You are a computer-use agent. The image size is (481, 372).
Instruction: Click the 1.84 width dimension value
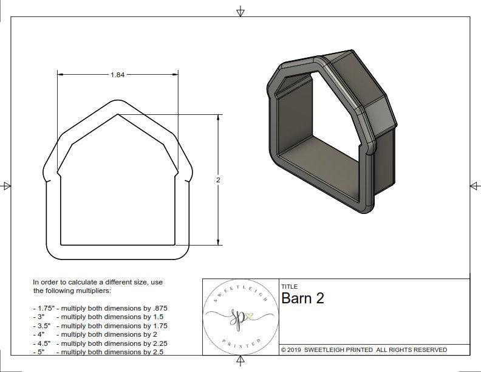(x=117, y=75)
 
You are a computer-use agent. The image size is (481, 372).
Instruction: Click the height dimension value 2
(x=218, y=180)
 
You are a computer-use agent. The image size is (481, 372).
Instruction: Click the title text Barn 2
(x=302, y=298)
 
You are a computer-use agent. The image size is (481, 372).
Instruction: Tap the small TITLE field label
(x=289, y=286)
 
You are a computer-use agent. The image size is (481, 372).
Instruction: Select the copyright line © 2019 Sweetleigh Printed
(x=364, y=350)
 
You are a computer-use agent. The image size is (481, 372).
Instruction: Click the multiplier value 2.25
(x=156, y=343)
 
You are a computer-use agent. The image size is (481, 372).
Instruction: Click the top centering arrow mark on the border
(x=241, y=10)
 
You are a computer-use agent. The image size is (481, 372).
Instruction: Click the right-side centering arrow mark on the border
(x=474, y=185)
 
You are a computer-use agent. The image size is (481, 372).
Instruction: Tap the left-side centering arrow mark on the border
(x=6, y=185)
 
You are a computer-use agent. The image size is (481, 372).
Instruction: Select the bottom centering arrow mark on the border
(x=241, y=362)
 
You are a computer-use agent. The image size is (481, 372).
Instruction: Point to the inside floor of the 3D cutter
(x=322, y=164)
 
